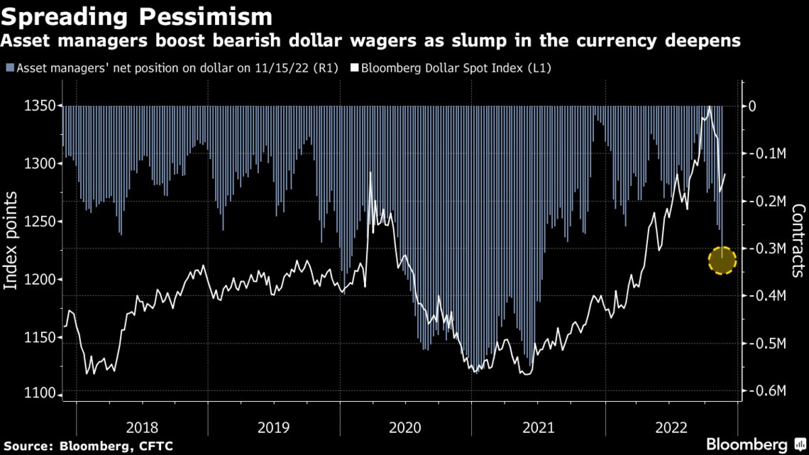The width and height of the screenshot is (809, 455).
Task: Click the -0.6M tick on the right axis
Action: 767,391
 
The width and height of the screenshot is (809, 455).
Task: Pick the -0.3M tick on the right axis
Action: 767,248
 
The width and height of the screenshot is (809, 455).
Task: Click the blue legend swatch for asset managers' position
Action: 9,69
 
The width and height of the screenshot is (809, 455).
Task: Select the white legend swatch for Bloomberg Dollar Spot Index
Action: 356,69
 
